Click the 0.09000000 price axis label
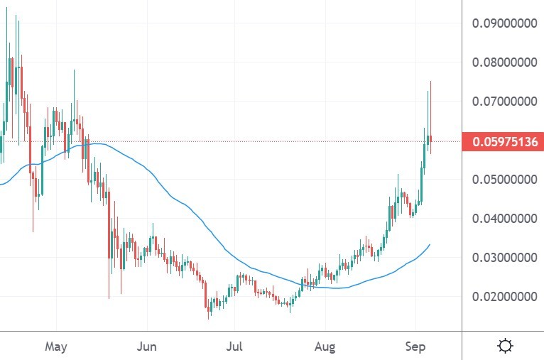pos(504,23)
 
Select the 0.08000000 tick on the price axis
pos(504,62)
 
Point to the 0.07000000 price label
pos(504,102)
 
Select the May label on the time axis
pos(55,347)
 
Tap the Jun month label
pos(146,347)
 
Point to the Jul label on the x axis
pos(234,347)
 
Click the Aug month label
pos(325,347)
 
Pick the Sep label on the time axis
pos(415,347)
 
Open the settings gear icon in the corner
pos(506,347)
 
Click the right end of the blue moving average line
pos(430,244)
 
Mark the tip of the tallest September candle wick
pos(430,82)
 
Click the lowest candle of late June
pos(208,312)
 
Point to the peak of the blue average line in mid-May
pos(99,143)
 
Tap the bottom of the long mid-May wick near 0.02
pos(109,298)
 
